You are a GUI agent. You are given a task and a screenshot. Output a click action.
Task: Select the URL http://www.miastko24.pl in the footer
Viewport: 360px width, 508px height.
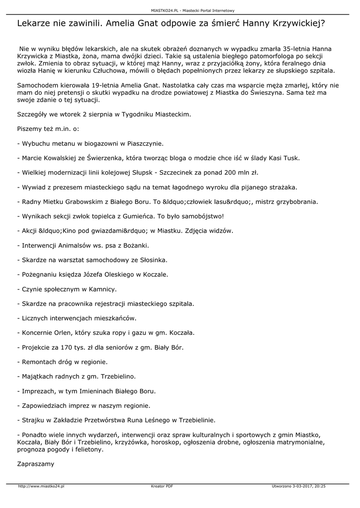[41, 486]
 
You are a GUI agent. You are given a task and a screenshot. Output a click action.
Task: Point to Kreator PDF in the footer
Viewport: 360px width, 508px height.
[161, 486]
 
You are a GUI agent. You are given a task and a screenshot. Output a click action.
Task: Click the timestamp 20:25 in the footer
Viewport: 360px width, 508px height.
[320, 486]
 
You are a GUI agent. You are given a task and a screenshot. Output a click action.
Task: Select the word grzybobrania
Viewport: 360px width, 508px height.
[295, 202]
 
